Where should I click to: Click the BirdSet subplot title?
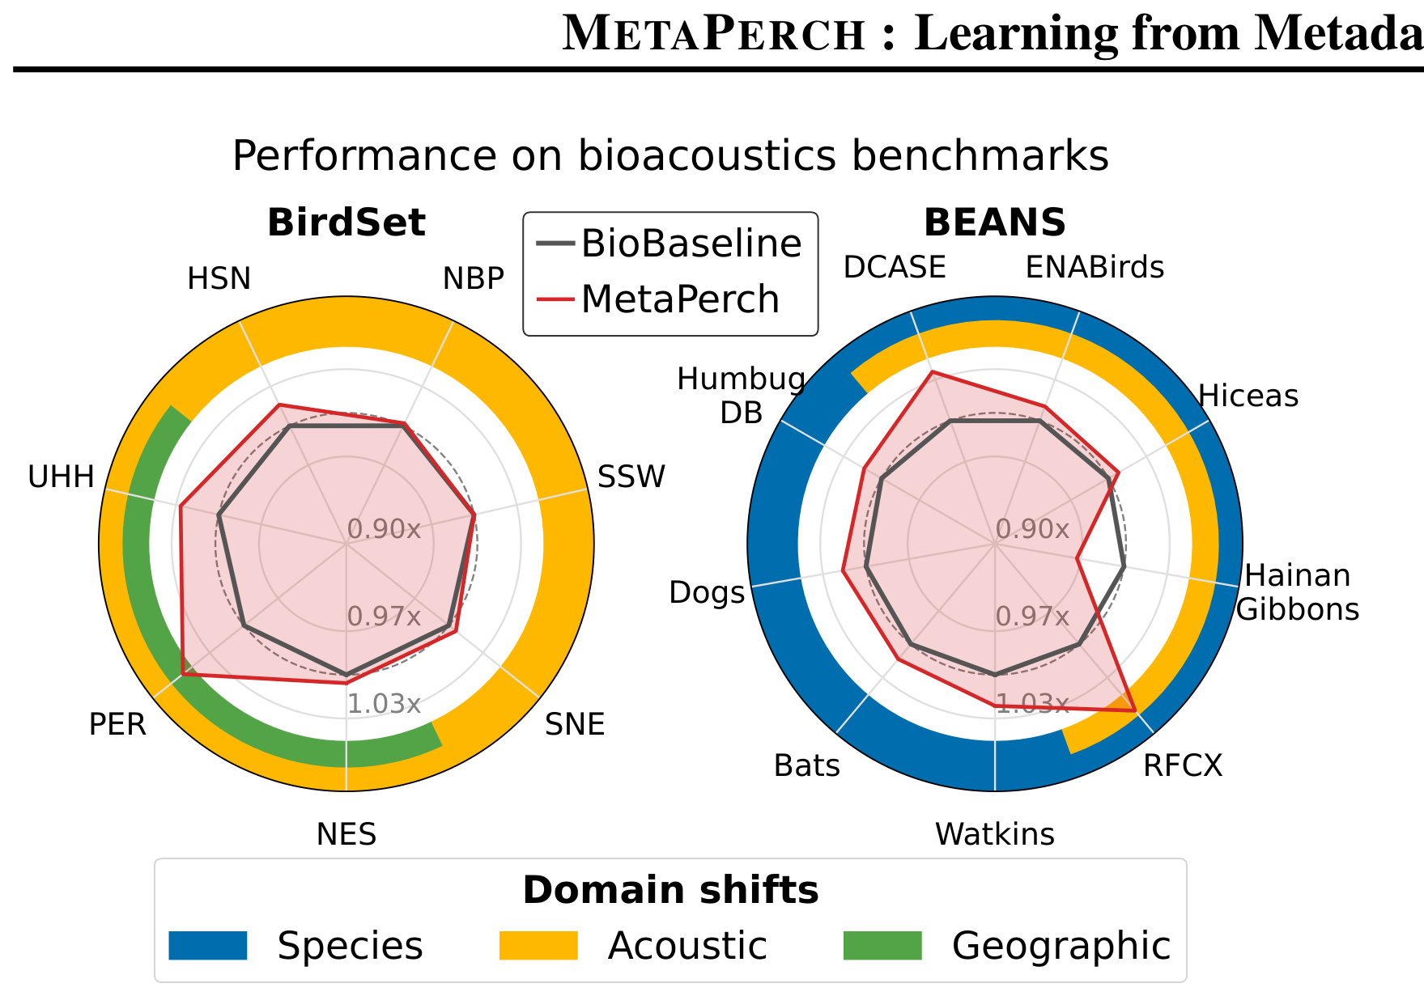click(x=346, y=223)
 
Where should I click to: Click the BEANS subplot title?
click(x=995, y=223)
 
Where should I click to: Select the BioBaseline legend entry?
click(x=669, y=244)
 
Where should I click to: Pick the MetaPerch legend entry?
click(x=657, y=299)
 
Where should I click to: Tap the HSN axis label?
click(x=219, y=279)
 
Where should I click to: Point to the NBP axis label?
click(x=474, y=279)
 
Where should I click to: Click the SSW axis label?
click(x=631, y=477)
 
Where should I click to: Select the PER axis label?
click(x=117, y=724)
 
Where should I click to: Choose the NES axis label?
click(x=346, y=834)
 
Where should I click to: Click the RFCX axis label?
click(x=1183, y=765)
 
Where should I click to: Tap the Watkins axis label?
click(x=995, y=834)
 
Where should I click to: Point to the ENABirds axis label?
click(x=1095, y=268)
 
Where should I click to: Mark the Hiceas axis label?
click(x=1248, y=396)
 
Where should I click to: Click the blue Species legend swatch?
click(x=208, y=945)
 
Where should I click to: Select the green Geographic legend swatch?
click(x=882, y=945)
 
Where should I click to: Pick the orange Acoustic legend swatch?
click(x=538, y=945)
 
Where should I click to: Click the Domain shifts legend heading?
click(x=670, y=890)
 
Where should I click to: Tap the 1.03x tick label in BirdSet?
click(x=384, y=704)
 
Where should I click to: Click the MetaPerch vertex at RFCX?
click(x=1135, y=710)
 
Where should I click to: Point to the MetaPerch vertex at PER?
click(x=183, y=673)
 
